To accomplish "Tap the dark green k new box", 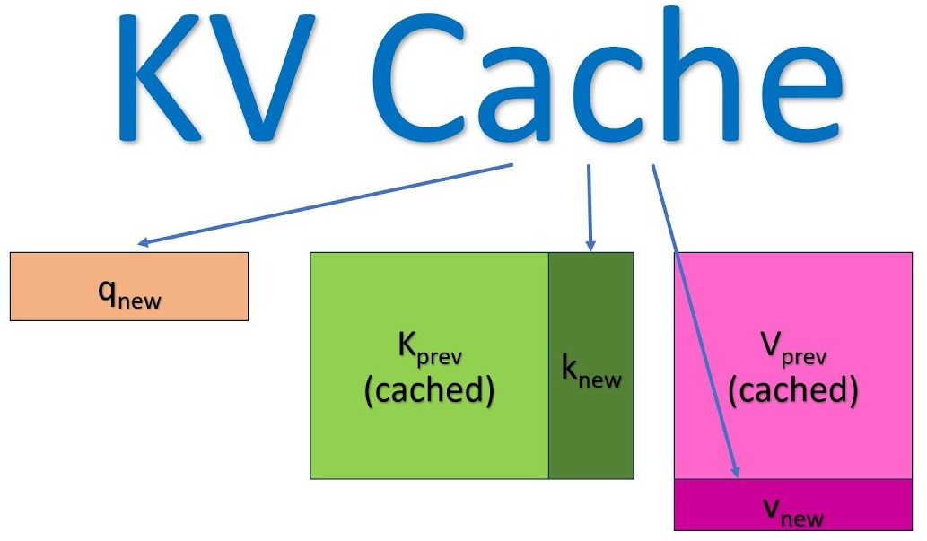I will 590,431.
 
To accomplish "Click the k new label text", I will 590,374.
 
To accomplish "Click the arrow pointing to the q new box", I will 323,205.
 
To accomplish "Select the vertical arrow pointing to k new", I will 589,206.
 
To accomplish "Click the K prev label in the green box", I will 429,350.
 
